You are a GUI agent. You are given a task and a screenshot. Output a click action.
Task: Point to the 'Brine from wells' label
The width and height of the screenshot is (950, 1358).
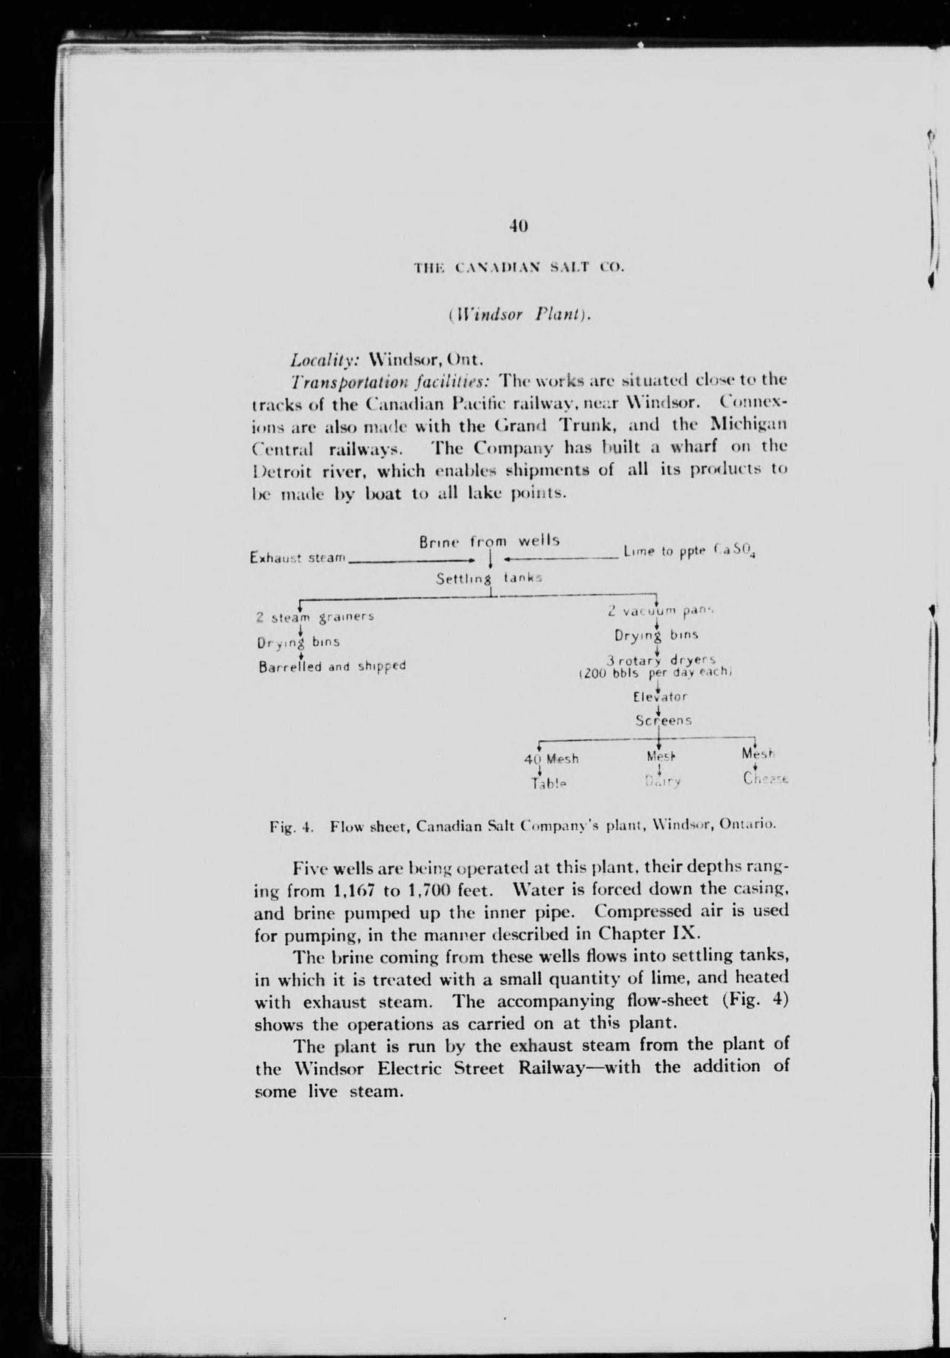pyautogui.click(x=490, y=541)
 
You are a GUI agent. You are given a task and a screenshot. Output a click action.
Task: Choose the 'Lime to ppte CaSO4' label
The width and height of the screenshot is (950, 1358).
pyautogui.click(x=689, y=552)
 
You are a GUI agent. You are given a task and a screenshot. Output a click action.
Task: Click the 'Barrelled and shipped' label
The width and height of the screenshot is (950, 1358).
pyautogui.click(x=332, y=666)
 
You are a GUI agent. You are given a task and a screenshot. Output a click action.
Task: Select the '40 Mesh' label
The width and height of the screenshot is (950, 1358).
pyautogui.click(x=552, y=759)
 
